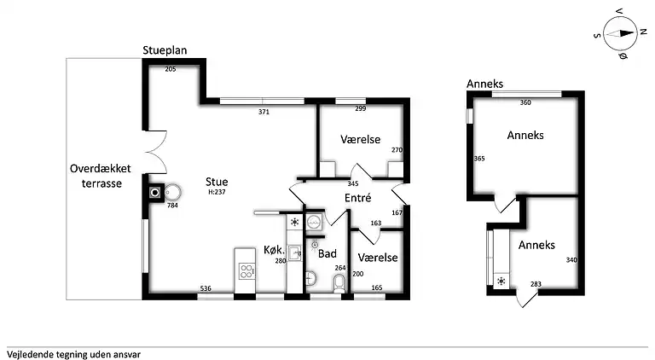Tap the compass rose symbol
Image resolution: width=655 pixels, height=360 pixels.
click(621, 35)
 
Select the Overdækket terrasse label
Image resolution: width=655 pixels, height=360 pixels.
click(96, 176)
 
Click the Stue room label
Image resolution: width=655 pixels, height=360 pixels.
click(216, 181)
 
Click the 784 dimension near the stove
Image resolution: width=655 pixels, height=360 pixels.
click(172, 206)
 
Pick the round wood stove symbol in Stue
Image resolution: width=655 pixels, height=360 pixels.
click(171, 192)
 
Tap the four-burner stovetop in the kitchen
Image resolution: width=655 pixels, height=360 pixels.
click(246, 271)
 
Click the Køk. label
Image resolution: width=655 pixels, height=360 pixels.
click(273, 249)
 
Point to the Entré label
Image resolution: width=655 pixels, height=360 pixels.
click(356, 198)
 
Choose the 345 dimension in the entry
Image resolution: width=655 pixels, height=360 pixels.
click(353, 183)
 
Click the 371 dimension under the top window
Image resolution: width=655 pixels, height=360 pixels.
click(264, 112)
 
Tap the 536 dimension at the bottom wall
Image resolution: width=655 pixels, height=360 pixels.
click(206, 288)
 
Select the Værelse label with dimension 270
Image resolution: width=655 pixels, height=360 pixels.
click(360, 139)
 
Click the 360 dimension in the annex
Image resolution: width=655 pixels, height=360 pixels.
click(525, 103)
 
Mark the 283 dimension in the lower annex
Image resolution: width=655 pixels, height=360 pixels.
click(536, 284)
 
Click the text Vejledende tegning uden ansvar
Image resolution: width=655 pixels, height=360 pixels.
click(73, 353)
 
